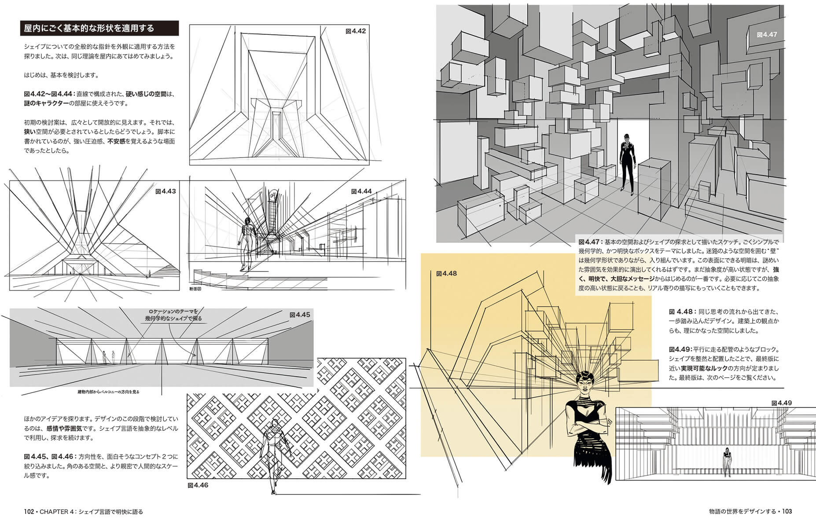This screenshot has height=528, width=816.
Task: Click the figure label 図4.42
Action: point(356,31)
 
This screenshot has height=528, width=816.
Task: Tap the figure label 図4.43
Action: point(165,191)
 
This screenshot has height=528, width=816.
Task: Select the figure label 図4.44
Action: point(361,191)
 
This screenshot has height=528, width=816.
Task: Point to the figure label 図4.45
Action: point(300,315)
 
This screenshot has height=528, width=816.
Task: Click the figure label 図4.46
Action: point(198,485)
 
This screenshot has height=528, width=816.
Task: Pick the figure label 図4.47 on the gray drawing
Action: point(767,34)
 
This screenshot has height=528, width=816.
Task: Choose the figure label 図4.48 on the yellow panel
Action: point(446,273)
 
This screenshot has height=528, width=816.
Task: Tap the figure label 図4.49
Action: point(781,403)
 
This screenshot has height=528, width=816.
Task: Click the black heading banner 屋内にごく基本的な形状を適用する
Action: point(99,28)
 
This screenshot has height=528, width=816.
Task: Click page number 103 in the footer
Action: point(787,511)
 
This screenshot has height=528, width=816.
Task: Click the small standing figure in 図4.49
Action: point(727,462)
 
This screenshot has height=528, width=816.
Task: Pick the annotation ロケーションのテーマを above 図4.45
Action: point(173,311)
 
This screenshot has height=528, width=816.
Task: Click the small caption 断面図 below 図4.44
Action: point(195,289)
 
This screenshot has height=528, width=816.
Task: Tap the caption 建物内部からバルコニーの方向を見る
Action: point(108,392)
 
